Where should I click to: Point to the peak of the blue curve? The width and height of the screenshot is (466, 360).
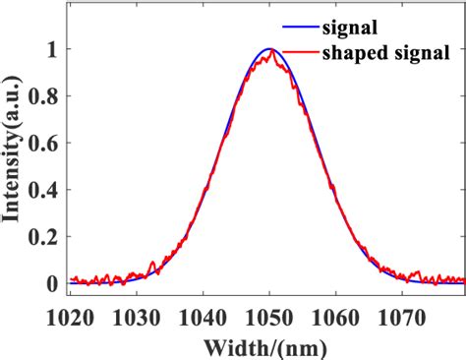(268, 49)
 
